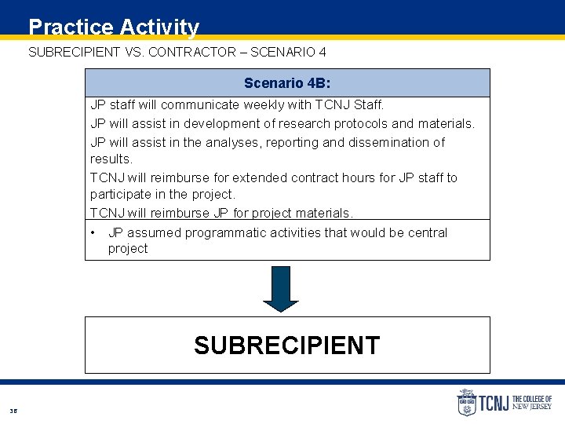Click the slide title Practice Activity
coord(114,27)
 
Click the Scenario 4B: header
coord(286,82)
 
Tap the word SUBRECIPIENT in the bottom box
coord(286,345)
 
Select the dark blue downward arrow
coord(280,289)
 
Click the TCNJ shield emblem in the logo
coord(467,403)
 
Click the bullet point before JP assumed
coord(93,232)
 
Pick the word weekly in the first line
coord(265,104)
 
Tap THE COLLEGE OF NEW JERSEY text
coord(532,403)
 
